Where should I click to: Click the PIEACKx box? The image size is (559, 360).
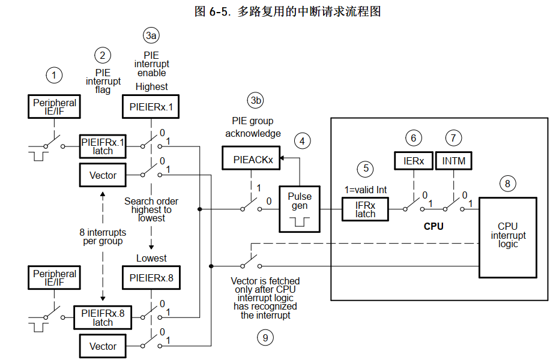[253, 160]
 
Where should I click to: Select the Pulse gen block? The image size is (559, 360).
[300, 209]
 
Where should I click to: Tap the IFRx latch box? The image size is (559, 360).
[365, 209]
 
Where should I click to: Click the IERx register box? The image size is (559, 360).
[413, 161]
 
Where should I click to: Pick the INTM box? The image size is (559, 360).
[454, 161]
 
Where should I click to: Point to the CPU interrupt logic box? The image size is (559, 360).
[507, 236]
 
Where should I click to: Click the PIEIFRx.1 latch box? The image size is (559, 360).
[103, 146]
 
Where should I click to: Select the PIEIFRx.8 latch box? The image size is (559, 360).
[103, 317]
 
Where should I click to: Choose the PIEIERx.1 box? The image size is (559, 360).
[151, 107]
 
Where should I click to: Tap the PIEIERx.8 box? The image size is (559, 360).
[151, 278]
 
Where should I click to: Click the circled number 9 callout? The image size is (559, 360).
[265, 338]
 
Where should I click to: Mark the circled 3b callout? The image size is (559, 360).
[256, 100]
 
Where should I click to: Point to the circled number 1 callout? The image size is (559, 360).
[54, 75]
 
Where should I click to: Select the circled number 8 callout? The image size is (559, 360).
[507, 184]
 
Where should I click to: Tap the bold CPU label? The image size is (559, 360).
[434, 226]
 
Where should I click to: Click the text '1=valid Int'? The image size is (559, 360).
[365, 190]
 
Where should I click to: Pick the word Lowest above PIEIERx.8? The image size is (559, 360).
[151, 258]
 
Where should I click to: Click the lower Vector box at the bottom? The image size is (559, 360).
[103, 346]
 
